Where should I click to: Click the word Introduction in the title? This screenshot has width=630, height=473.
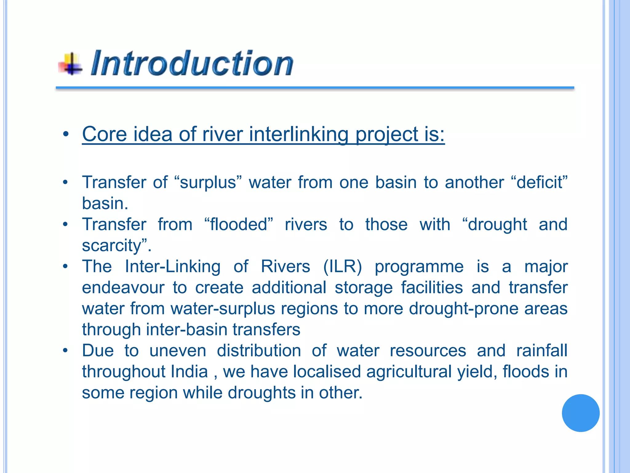(x=192, y=63)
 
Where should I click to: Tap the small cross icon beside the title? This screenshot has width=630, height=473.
(x=71, y=64)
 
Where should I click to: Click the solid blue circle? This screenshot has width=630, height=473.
(x=580, y=413)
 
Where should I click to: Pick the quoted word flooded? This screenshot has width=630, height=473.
(x=239, y=224)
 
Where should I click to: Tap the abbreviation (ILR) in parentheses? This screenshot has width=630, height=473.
(x=342, y=266)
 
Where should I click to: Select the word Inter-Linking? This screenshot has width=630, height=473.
(x=173, y=266)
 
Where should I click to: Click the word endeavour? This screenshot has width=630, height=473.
(x=123, y=288)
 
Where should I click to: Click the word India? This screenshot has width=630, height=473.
(x=189, y=372)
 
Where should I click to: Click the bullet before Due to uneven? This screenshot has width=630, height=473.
(x=65, y=350)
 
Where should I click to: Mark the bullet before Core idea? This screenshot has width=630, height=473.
(x=65, y=135)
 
